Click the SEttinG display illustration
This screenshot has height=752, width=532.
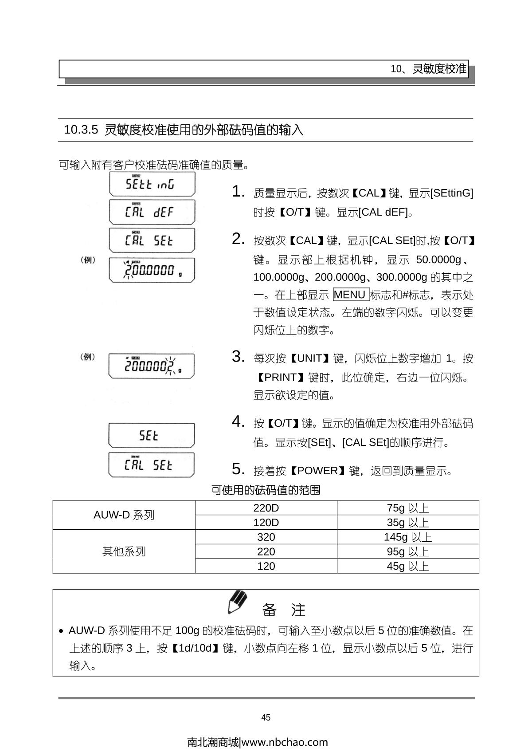[152, 184]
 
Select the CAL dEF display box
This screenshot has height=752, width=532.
[152, 212]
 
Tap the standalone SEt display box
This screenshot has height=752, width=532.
[151, 436]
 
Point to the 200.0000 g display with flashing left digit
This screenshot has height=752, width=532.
[152, 270]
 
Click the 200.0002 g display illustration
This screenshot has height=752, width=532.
[151, 366]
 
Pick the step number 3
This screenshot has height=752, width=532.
[238, 357]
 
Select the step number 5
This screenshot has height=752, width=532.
[238, 469]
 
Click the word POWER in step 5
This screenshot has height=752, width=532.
[317, 471]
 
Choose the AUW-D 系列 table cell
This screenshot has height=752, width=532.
[124, 515]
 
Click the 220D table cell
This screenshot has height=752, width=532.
[266, 508]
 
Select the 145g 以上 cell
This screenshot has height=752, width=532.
[408, 537]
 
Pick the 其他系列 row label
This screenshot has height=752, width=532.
[124, 551]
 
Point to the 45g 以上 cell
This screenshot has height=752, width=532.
[408, 566]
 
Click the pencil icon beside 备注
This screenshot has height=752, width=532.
[238, 602]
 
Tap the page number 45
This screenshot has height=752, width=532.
[266, 717]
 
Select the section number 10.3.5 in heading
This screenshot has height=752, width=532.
[81, 130]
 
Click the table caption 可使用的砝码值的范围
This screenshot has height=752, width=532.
[266, 490]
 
